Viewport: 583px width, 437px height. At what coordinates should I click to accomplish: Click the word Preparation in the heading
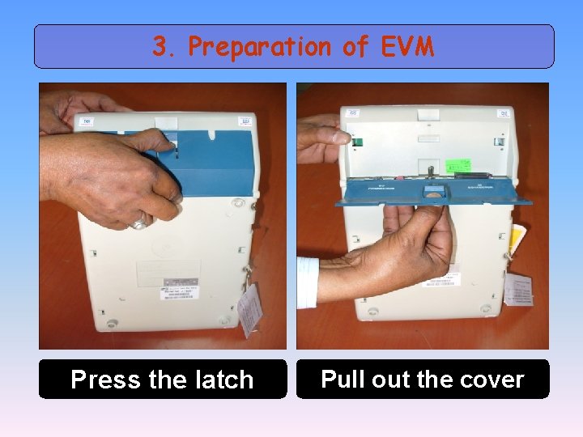click(x=260, y=48)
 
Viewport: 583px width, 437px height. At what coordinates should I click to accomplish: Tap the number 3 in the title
click(x=160, y=47)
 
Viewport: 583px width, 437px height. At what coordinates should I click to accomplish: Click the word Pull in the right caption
click(x=343, y=379)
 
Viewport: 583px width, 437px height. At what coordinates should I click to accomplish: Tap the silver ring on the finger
click(x=139, y=220)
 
